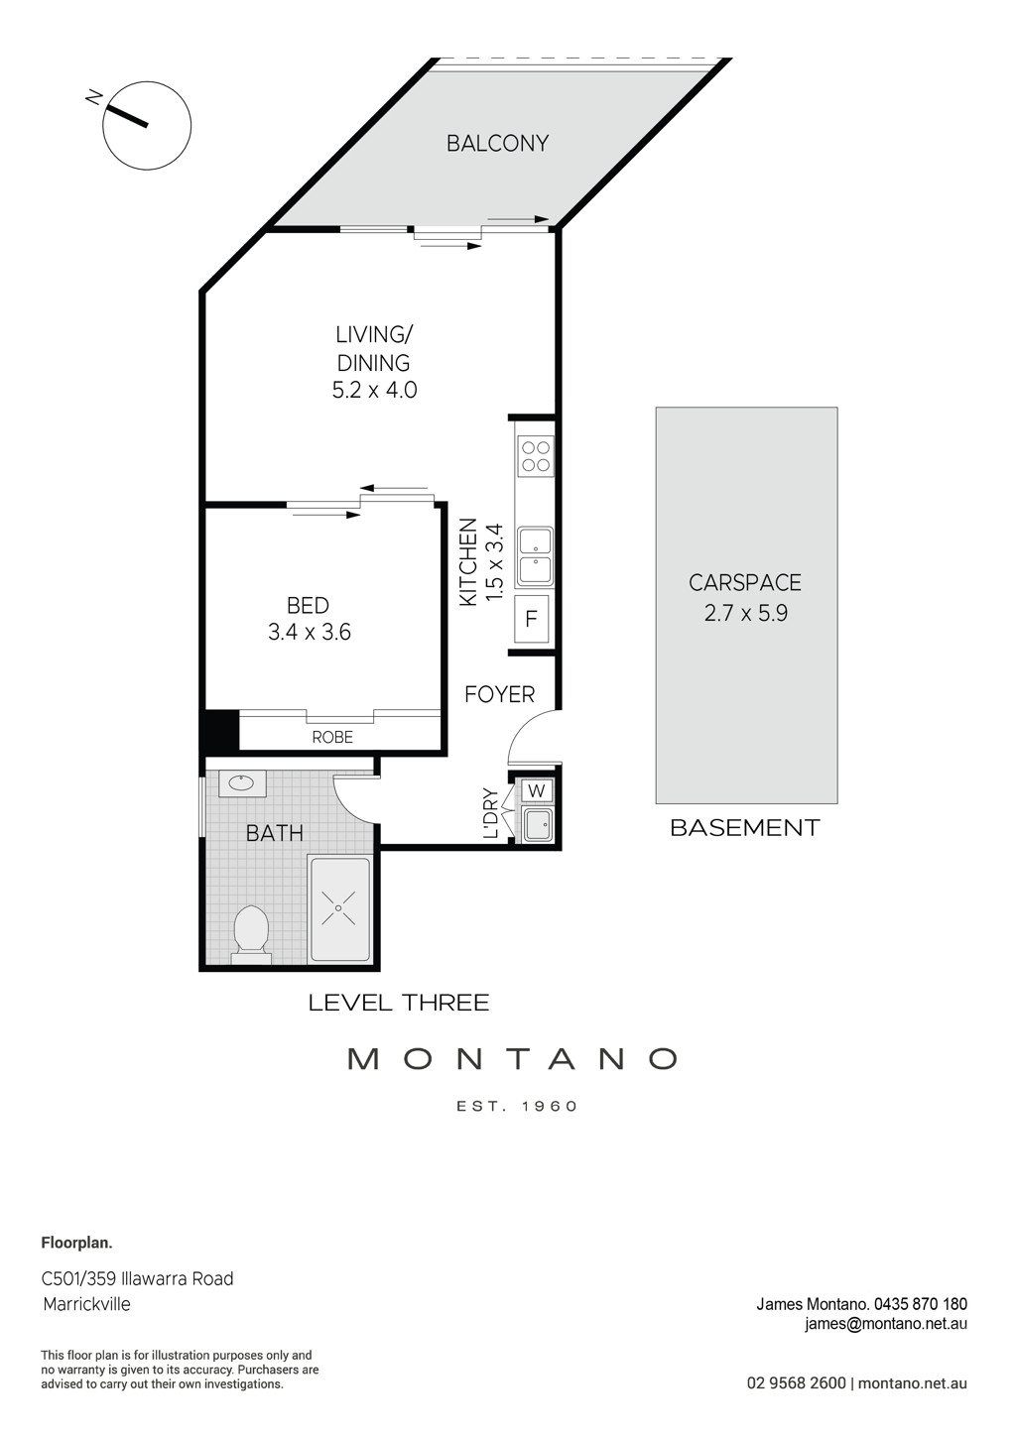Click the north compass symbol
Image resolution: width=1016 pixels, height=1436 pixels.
[147, 126]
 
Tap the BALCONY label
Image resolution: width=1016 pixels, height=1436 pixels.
[497, 144]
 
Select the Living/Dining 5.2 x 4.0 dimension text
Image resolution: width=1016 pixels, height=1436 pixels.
[374, 390]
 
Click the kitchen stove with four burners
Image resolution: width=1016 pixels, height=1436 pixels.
[536, 456]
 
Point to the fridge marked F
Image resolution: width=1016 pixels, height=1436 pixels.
[531, 620]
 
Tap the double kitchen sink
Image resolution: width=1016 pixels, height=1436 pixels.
[536, 555]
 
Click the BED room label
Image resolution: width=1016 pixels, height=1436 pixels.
[308, 605]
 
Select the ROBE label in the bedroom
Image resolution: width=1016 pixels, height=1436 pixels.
[332, 737]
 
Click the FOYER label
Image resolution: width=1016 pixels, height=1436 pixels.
[499, 694]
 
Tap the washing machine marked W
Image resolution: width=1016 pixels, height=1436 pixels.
[537, 790]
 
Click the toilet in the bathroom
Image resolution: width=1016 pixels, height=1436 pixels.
[251, 932]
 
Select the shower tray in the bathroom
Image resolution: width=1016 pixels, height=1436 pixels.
[340, 907]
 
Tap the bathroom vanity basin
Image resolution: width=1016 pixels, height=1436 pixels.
[239, 782]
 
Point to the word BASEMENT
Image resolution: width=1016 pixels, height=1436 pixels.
[745, 827]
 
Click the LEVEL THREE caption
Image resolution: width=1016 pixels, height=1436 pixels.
[399, 1003]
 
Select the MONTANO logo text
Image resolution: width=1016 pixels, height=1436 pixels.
[512, 1059]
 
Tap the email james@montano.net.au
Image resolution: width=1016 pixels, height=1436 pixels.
[886, 1323]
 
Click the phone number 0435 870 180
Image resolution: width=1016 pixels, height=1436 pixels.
[923, 1304]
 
